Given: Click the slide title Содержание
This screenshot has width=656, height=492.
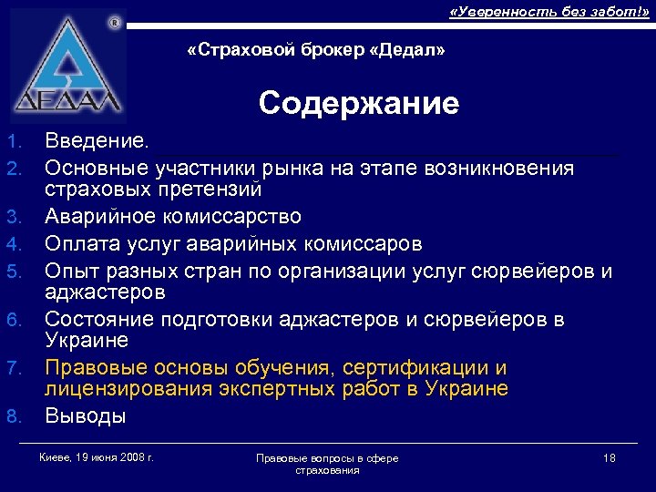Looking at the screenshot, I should point(358,104).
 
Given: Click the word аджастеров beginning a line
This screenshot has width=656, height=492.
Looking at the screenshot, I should point(105,292).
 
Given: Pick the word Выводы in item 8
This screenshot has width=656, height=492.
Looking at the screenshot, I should point(86,416).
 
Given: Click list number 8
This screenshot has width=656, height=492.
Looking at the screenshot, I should point(13,417).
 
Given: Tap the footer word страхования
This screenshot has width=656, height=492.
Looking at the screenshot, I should point(327,470).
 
